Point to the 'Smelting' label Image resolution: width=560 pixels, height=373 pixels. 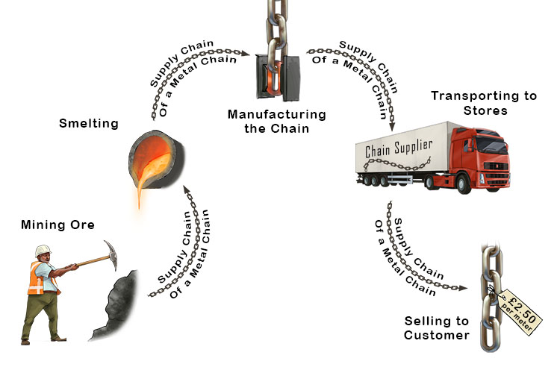[89, 123]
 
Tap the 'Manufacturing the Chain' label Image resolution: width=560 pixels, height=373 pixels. [277, 121]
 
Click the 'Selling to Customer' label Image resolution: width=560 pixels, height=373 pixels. [437, 327]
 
